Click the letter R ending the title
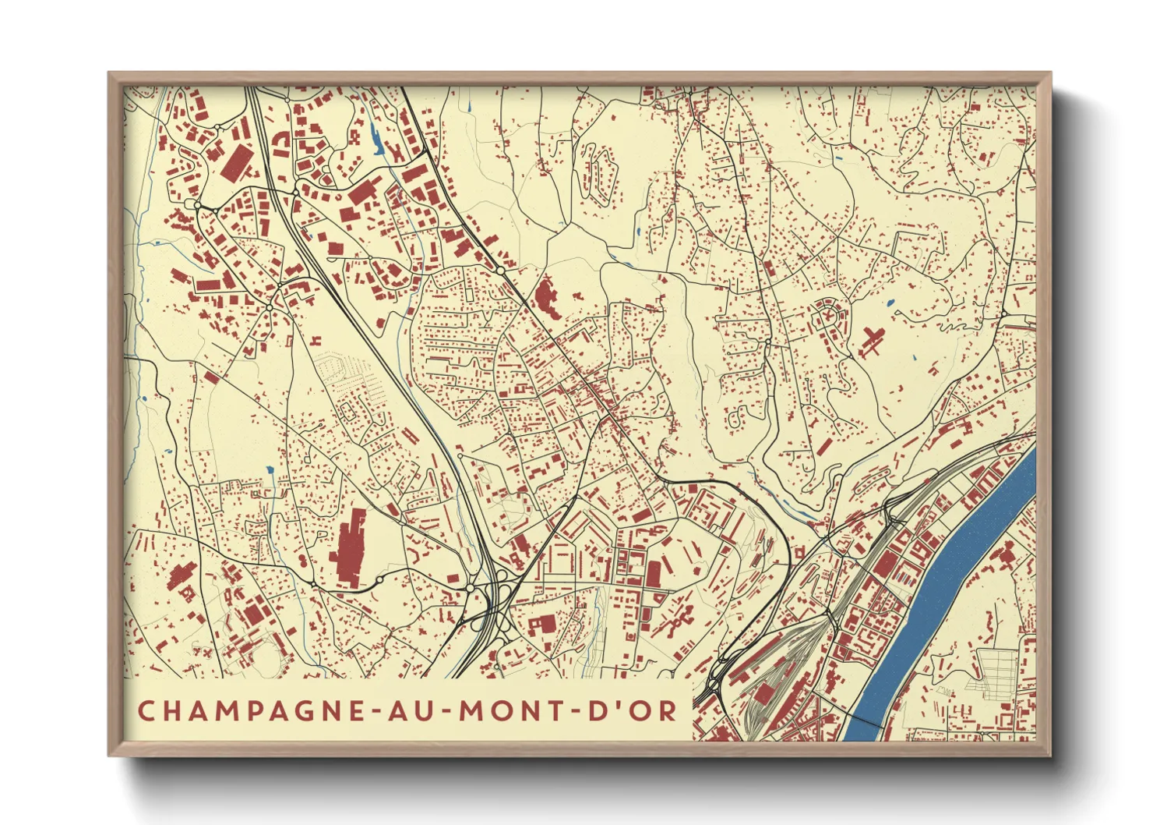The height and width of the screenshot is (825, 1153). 667,710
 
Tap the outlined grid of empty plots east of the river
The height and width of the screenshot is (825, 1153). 998,670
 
